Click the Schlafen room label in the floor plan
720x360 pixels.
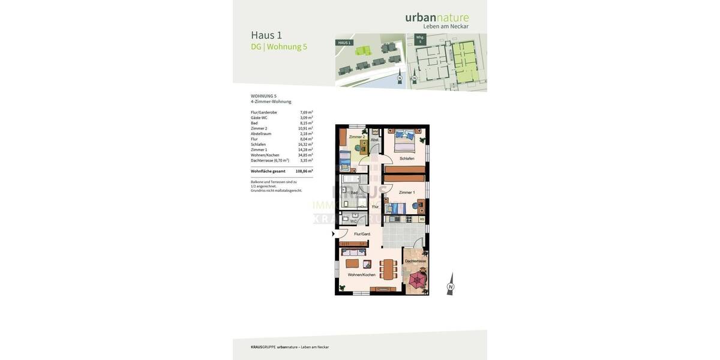click(407, 158)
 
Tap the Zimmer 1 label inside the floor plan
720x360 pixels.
click(406, 193)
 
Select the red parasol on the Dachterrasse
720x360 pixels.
click(416, 279)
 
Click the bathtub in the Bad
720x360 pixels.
click(350, 179)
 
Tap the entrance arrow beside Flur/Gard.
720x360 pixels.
click(334, 234)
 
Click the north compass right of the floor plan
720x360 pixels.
click(450, 285)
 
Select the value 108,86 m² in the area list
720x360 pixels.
click(304, 171)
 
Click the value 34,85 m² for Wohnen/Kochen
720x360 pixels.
click(305, 155)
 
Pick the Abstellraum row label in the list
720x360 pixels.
click(261, 134)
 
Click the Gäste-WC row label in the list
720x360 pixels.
click(259, 118)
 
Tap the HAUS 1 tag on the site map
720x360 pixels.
click(344, 43)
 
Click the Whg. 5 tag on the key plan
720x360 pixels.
click(420, 39)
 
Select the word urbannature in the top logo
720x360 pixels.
click(437, 17)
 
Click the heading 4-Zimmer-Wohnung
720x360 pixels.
click(271, 102)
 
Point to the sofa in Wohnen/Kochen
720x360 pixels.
click(353, 253)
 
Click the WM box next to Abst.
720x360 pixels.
click(375, 131)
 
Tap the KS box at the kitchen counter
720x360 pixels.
click(422, 219)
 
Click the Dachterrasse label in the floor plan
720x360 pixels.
click(415, 261)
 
